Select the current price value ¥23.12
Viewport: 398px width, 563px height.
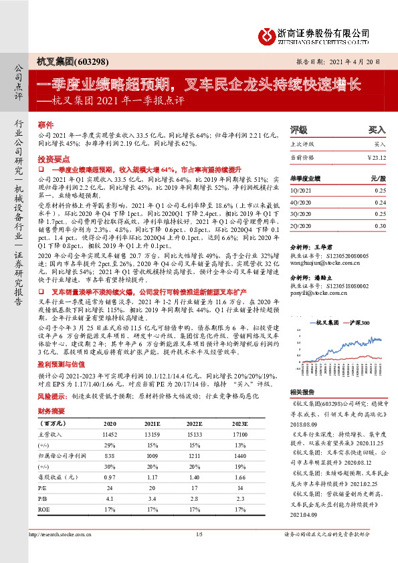(x=377, y=157)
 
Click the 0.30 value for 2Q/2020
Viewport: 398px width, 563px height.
(x=381, y=226)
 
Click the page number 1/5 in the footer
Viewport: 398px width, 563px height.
(x=199, y=535)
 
